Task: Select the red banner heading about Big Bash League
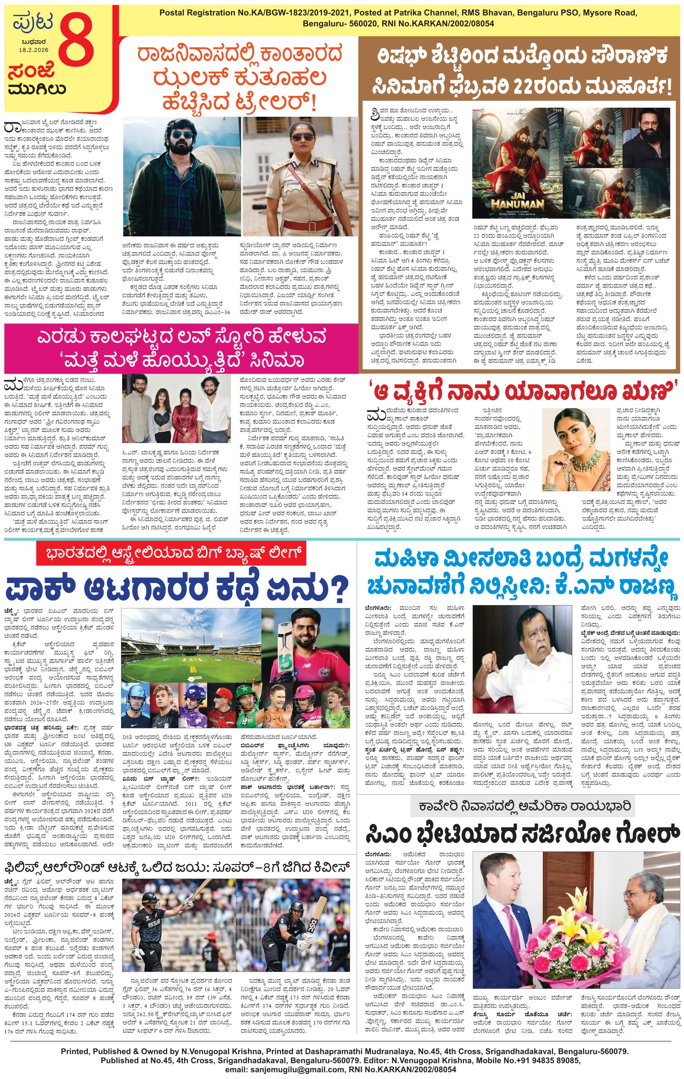point(171,553)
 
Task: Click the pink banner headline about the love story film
point(181,348)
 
